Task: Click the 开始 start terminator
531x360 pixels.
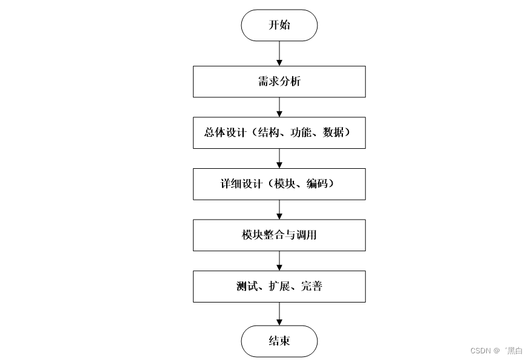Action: (279, 25)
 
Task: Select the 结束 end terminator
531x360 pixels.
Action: (279, 341)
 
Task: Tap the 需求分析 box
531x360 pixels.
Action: (279, 82)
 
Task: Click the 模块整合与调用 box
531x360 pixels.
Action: (279, 235)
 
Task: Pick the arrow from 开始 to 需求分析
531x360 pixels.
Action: (279, 53)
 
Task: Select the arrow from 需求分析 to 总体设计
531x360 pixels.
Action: (279, 107)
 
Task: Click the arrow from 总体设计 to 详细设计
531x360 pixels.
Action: (279, 158)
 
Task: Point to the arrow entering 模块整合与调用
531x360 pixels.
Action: (279, 209)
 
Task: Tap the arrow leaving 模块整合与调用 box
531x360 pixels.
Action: (279, 261)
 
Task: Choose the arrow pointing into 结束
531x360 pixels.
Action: (279, 313)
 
